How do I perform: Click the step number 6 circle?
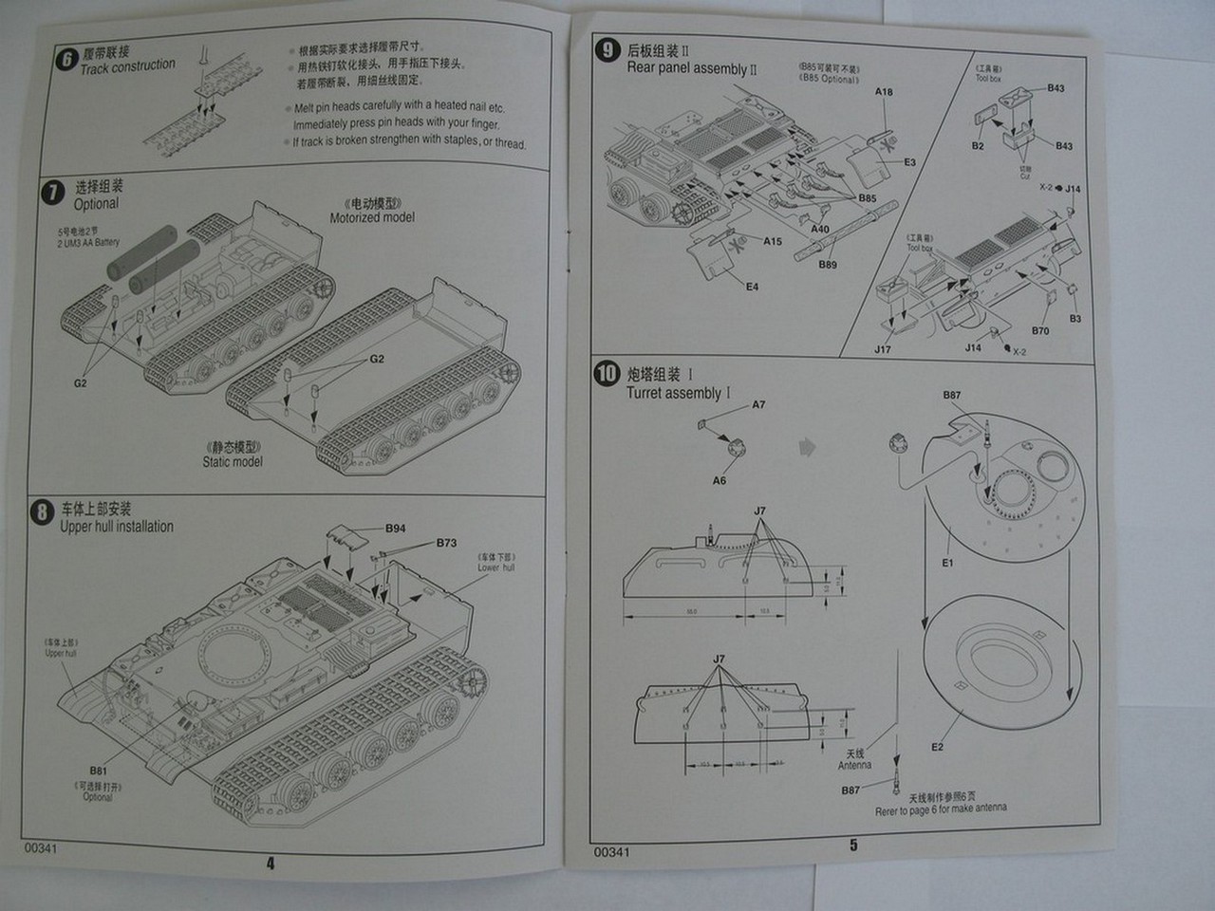65,59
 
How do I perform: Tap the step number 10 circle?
607,373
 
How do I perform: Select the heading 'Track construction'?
127,66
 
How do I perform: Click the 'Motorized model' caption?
372,217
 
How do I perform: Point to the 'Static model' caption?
233,461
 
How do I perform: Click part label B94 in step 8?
395,528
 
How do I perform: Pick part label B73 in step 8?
446,543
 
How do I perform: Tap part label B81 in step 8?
99,771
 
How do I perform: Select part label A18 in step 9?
884,92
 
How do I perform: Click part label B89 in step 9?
828,265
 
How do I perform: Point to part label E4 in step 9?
752,287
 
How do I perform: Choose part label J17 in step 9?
882,349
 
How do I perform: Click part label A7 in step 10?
758,405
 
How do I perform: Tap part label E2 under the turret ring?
937,747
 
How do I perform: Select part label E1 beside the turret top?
947,563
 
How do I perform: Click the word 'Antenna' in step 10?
854,765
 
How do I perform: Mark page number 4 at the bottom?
271,863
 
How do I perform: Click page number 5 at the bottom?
853,845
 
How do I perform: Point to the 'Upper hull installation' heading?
117,527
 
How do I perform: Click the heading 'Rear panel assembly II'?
692,68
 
